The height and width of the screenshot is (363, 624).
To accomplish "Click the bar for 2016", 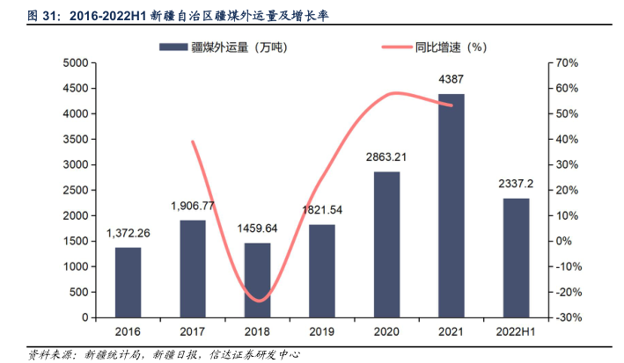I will (x=128, y=282).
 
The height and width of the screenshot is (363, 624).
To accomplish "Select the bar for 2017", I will (x=193, y=268).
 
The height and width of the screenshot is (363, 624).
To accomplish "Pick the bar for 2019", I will (x=321, y=271).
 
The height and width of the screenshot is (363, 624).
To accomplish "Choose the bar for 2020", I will (x=386, y=244).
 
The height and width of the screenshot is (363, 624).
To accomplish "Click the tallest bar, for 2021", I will (x=451, y=206).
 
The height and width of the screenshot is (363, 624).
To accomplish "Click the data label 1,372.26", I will (x=128, y=233).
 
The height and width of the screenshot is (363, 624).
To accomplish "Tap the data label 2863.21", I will (x=386, y=158).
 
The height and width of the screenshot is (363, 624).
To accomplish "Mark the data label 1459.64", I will (x=257, y=229).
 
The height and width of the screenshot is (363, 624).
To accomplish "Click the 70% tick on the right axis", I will (x=566, y=63).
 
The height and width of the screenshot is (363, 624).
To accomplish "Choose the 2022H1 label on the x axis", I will (x=516, y=333).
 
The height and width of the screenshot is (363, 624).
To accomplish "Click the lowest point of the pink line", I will (x=257, y=301).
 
